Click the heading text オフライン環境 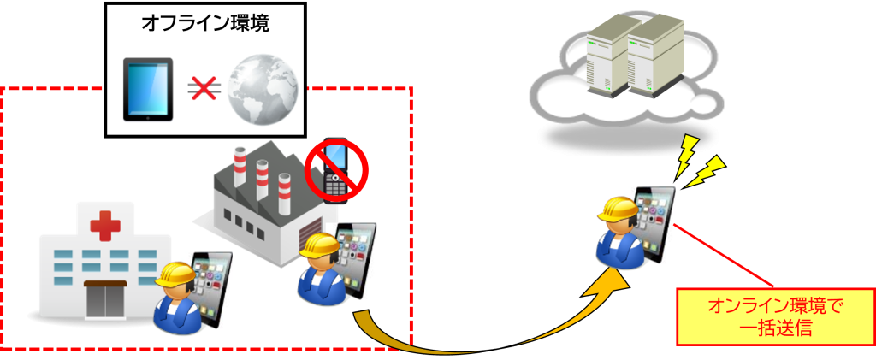click(x=204, y=24)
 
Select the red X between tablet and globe click(x=204, y=87)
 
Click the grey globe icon click(x=263, y=88)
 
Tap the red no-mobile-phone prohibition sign click(x=336, y=170)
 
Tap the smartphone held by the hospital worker click(x=211, y=286)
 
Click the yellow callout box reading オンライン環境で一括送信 click(x=776, y=316)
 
